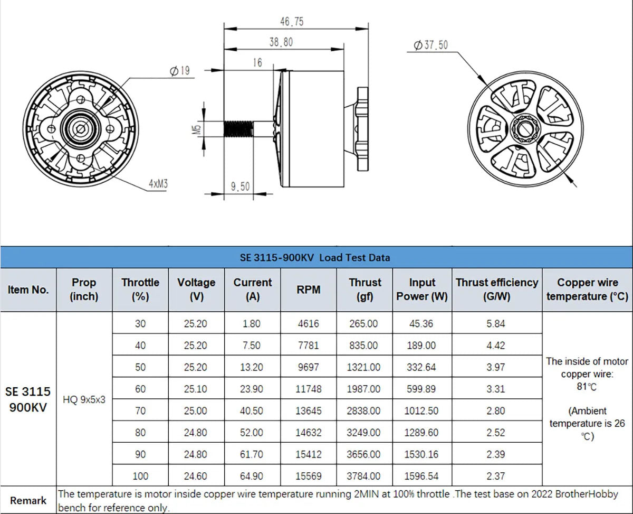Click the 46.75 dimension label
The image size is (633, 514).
click(x=292, y=22)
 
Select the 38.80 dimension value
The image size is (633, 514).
click(x=281, y=42)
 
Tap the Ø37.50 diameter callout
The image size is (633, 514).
click(x=430, y=45)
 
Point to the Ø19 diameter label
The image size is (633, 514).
click(x=179, y=71)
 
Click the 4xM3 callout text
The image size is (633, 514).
click(x=158, y=184)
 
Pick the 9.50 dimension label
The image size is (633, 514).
click(x=240, y=186)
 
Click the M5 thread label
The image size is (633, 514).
click(x=197, y=129)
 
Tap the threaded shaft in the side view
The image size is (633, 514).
click(x=238, y=129)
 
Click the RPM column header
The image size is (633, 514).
click(x=309, y=289)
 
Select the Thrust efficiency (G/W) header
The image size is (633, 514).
click(x=497, y=289)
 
